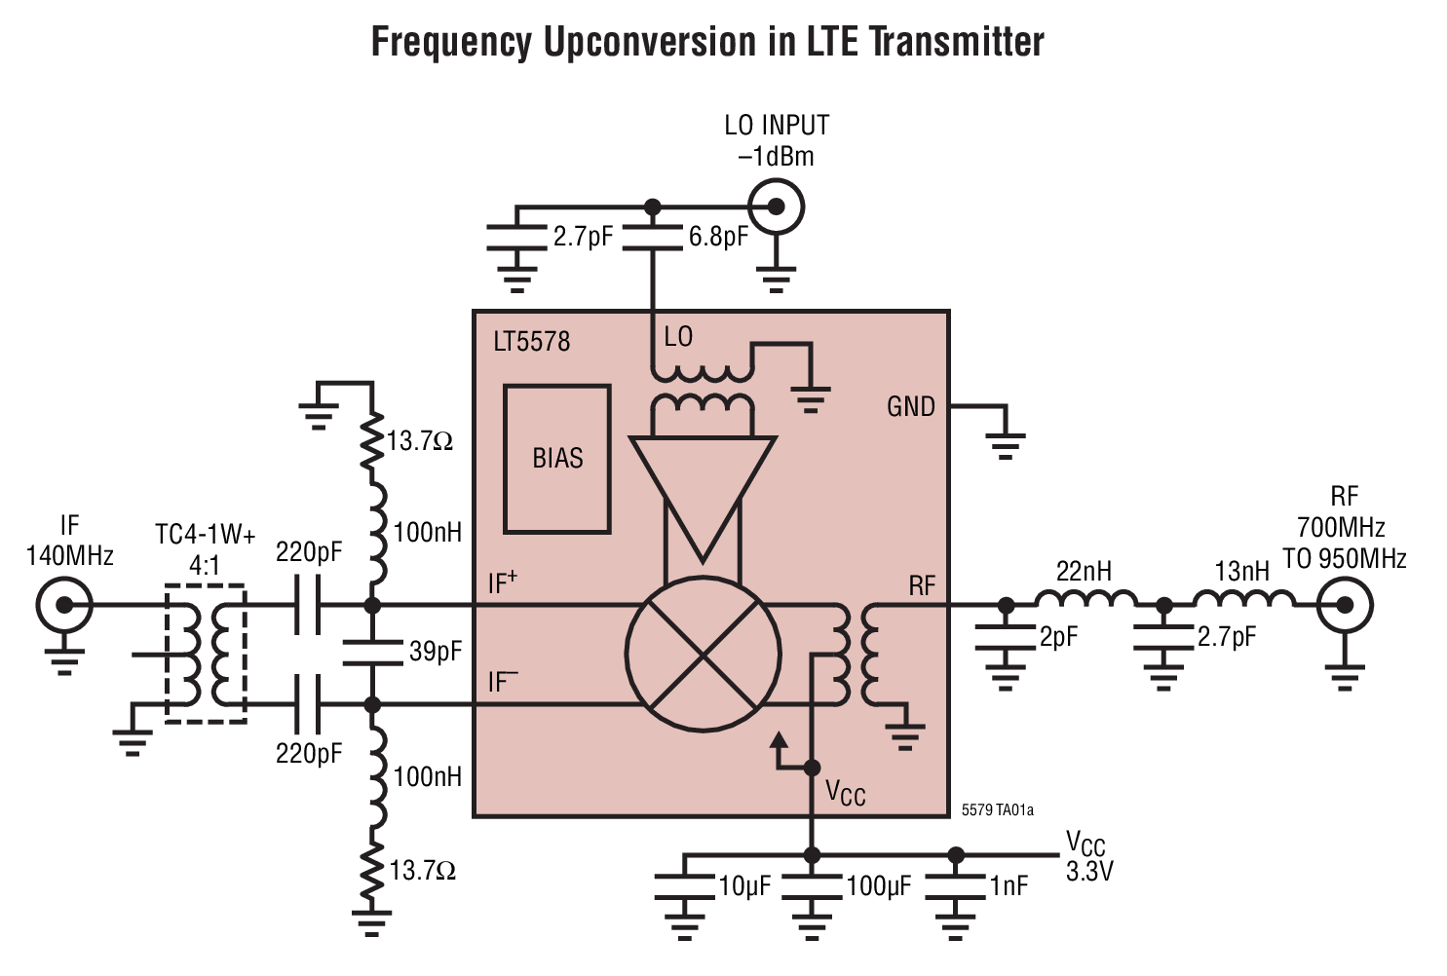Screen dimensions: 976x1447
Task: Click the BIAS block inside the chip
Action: (557, 459)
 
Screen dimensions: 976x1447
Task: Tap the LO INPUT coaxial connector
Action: (776, 206)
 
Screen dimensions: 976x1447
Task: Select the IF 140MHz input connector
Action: (64, 605)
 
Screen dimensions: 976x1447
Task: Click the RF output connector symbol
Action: (1345, 605)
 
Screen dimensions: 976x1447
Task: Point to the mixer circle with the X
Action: (703, 654)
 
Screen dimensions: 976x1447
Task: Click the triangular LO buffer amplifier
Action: (703, 487)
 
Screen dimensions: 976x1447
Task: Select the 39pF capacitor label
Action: (436, 652)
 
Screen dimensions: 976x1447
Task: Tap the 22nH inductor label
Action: (1084, 571)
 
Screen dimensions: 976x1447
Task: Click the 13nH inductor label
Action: (1242, 571)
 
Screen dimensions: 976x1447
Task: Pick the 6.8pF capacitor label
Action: (718, 237)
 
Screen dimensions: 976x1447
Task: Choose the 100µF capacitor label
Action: (878, 886)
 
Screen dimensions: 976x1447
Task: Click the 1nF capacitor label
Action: (1009, 886)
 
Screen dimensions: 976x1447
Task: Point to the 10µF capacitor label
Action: (744, 886)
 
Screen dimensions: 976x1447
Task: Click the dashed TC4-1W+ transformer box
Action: (205, 654)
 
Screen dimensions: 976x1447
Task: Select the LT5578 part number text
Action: (531, 342)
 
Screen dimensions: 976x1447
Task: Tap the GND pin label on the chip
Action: (910, 407)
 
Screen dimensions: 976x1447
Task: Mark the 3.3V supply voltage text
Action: (1088, 872)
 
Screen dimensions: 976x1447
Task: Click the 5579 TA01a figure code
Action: (997, 810)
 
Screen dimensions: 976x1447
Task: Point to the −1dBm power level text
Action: (776, 157)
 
